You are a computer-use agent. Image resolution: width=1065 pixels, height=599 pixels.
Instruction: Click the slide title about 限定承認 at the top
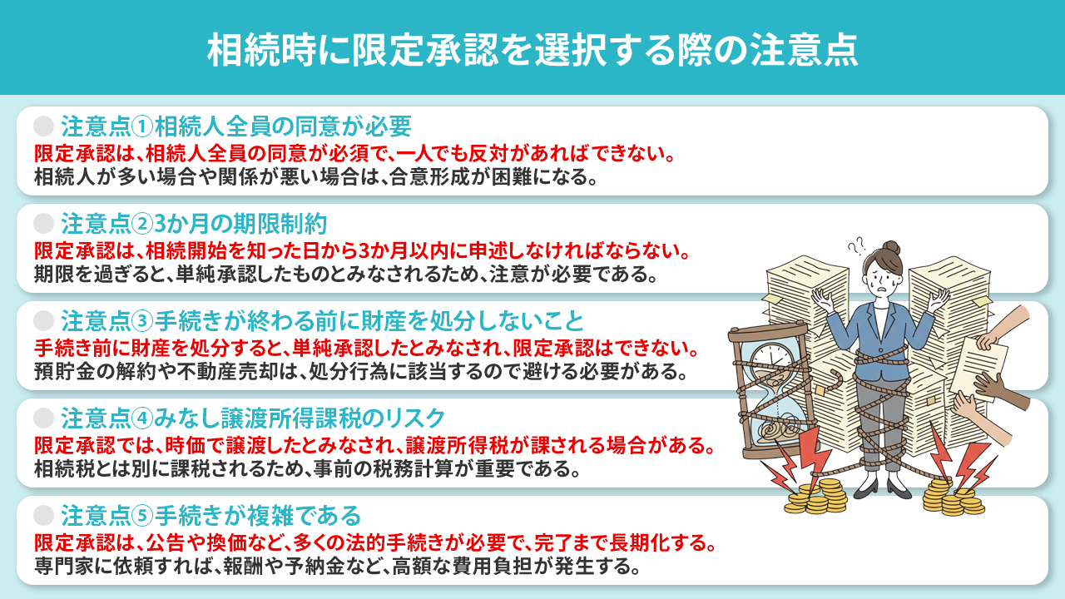532,50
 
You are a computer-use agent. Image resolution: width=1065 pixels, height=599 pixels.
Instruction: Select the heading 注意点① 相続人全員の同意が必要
236,126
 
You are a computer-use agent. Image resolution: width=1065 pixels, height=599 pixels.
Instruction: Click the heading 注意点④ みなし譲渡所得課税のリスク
253,417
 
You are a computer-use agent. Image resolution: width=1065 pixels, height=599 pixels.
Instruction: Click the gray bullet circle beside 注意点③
43,320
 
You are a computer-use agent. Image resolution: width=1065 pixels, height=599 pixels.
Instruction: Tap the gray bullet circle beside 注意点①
43,126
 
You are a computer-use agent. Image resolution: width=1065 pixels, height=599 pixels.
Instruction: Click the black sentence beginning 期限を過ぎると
346,275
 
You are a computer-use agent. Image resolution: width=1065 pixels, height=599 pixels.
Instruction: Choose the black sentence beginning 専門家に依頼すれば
337,569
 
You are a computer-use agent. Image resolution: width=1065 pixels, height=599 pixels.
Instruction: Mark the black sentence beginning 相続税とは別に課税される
307,469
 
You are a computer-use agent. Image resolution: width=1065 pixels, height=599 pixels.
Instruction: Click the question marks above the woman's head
856,246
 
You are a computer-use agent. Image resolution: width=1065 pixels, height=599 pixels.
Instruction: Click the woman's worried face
884,279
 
